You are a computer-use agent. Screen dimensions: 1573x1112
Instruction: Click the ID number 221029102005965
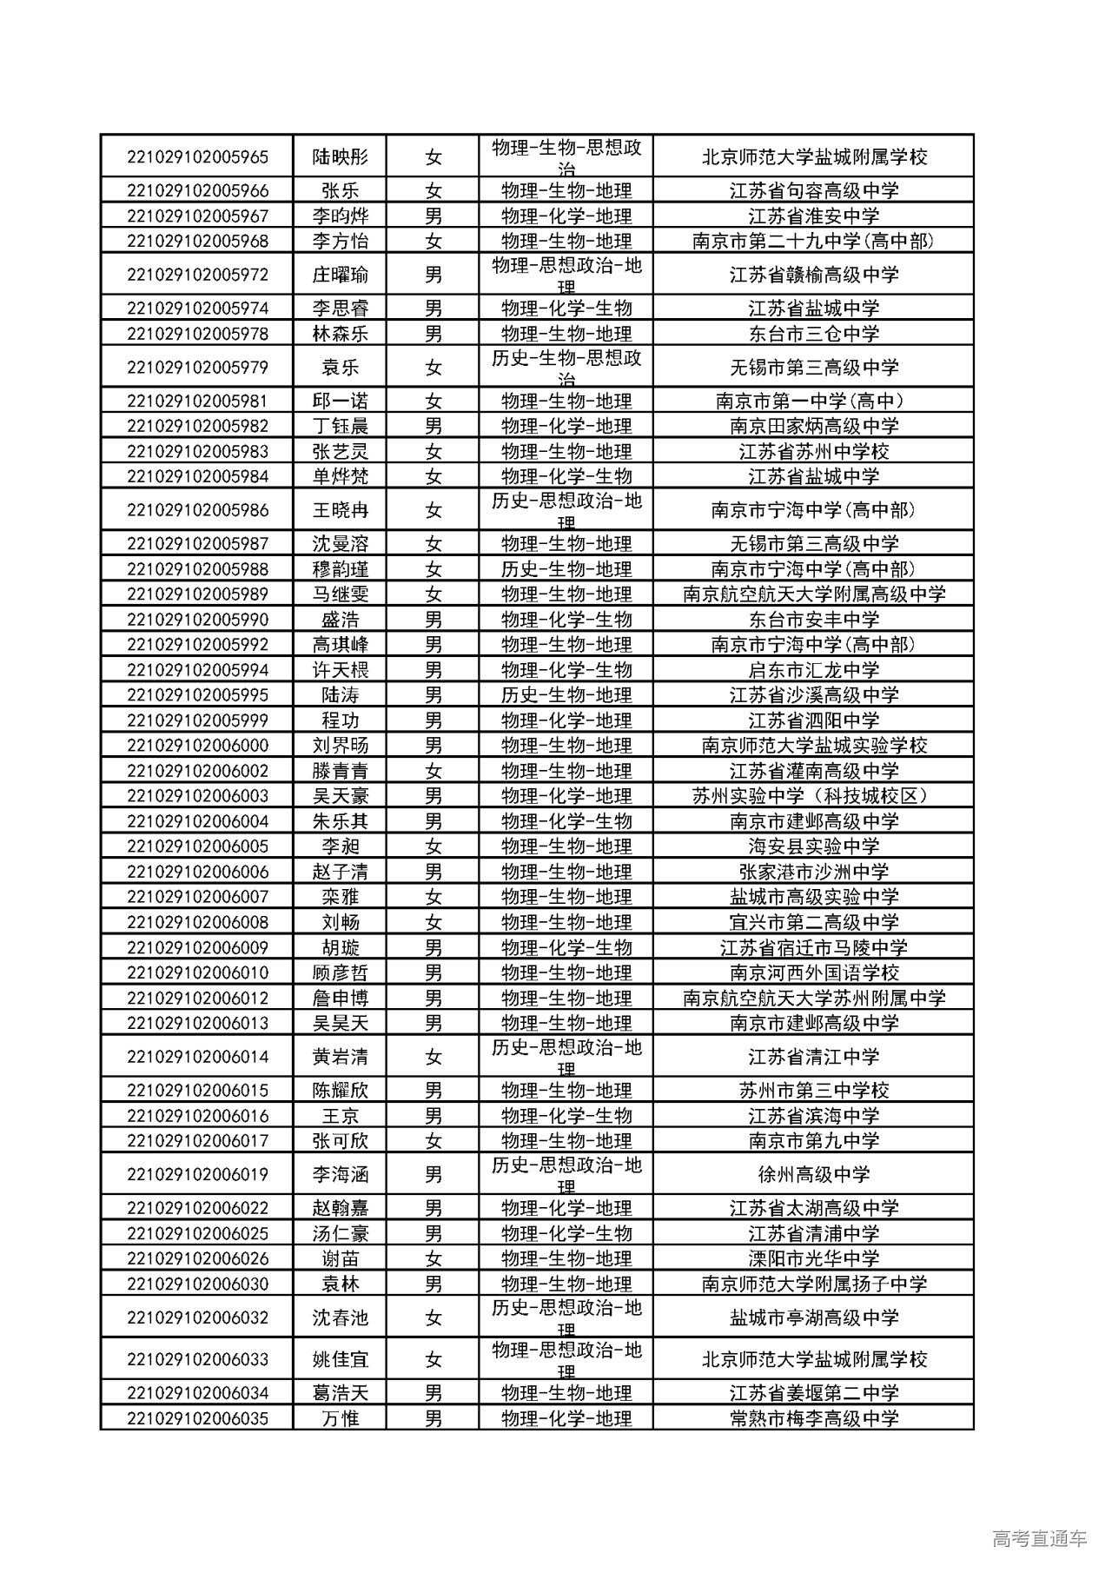[197, 157]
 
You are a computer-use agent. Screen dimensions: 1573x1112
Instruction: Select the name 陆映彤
[340, 157]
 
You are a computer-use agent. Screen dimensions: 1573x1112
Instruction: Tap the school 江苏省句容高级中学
[813, 191]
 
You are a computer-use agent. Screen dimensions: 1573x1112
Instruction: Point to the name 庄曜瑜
[340, 275]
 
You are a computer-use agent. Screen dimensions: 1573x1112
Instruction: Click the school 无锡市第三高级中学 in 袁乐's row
[813, 368]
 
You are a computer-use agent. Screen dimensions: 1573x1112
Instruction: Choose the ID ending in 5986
[197, 510]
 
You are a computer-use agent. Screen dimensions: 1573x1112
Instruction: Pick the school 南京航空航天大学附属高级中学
[813, 594]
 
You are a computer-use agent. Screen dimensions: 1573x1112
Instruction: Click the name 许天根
[340, 670]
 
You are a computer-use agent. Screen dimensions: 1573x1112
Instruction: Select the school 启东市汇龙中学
[813, 670]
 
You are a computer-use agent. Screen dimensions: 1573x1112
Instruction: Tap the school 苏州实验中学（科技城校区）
[813, 796]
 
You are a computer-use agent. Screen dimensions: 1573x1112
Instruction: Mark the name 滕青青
[340, 771]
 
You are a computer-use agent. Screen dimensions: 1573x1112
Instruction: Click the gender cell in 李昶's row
[433, 846]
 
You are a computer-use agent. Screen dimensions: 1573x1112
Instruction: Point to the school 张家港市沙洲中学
[813, 872]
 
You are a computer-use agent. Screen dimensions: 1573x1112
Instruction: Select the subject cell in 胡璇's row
[566, 947]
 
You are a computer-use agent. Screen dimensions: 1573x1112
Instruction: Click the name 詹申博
[340, 998]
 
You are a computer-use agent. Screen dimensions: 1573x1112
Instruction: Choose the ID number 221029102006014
[197, 1057]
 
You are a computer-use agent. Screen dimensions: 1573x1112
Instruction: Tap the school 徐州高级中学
[813, 1175]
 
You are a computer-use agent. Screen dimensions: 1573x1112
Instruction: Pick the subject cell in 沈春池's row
[566, 1317]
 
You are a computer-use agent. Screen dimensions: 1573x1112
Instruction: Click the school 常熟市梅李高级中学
[813, 1418]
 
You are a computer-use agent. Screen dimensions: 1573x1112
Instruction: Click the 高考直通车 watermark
[1038, 1539]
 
